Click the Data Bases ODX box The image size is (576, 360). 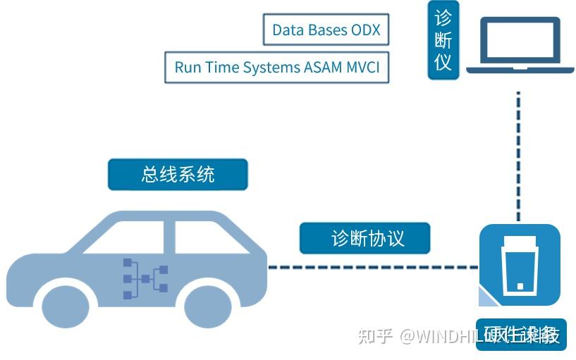click(326, 30)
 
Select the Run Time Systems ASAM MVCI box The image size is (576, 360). click(276, 67)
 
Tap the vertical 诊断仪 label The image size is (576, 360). click(443, 39)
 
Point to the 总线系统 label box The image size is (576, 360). click(178, 174)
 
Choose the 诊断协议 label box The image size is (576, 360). click(364, 238)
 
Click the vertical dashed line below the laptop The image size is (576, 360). click(519, 155)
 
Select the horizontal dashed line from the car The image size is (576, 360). click(374, 267)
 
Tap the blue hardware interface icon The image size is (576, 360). click(520, 265)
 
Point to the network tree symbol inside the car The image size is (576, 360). click(145, 278)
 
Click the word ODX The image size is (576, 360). click(364, 30)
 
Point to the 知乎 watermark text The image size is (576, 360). click(374, 336)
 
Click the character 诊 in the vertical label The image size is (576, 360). click(443, 18)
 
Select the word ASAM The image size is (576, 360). click(324, 68)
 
